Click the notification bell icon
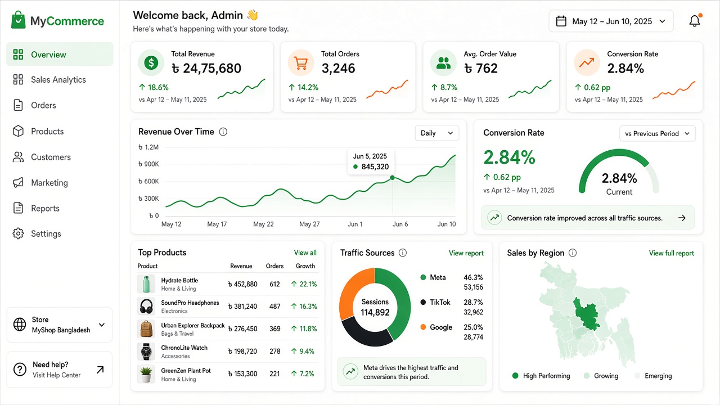coord(694,21)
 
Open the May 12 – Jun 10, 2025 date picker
coord(611,21)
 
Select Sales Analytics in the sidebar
coord(58,80)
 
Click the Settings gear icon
coord(18,233)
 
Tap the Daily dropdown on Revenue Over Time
coord(437,133)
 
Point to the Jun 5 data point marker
coord(392,178)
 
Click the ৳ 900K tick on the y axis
coord(148,164)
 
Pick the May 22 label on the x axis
coord(263,224)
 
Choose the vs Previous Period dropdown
coord(658,134)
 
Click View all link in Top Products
coord(305,253)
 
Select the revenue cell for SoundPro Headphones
coord(242,307)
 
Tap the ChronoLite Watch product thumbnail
coord(146,352)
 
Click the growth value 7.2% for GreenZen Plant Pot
coord(303,374)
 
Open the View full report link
coord(671,253)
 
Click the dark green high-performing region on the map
coord(586,315)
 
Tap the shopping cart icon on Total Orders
coord(301,62)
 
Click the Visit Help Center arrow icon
coord(100,370)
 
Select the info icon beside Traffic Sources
coord(402,253)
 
